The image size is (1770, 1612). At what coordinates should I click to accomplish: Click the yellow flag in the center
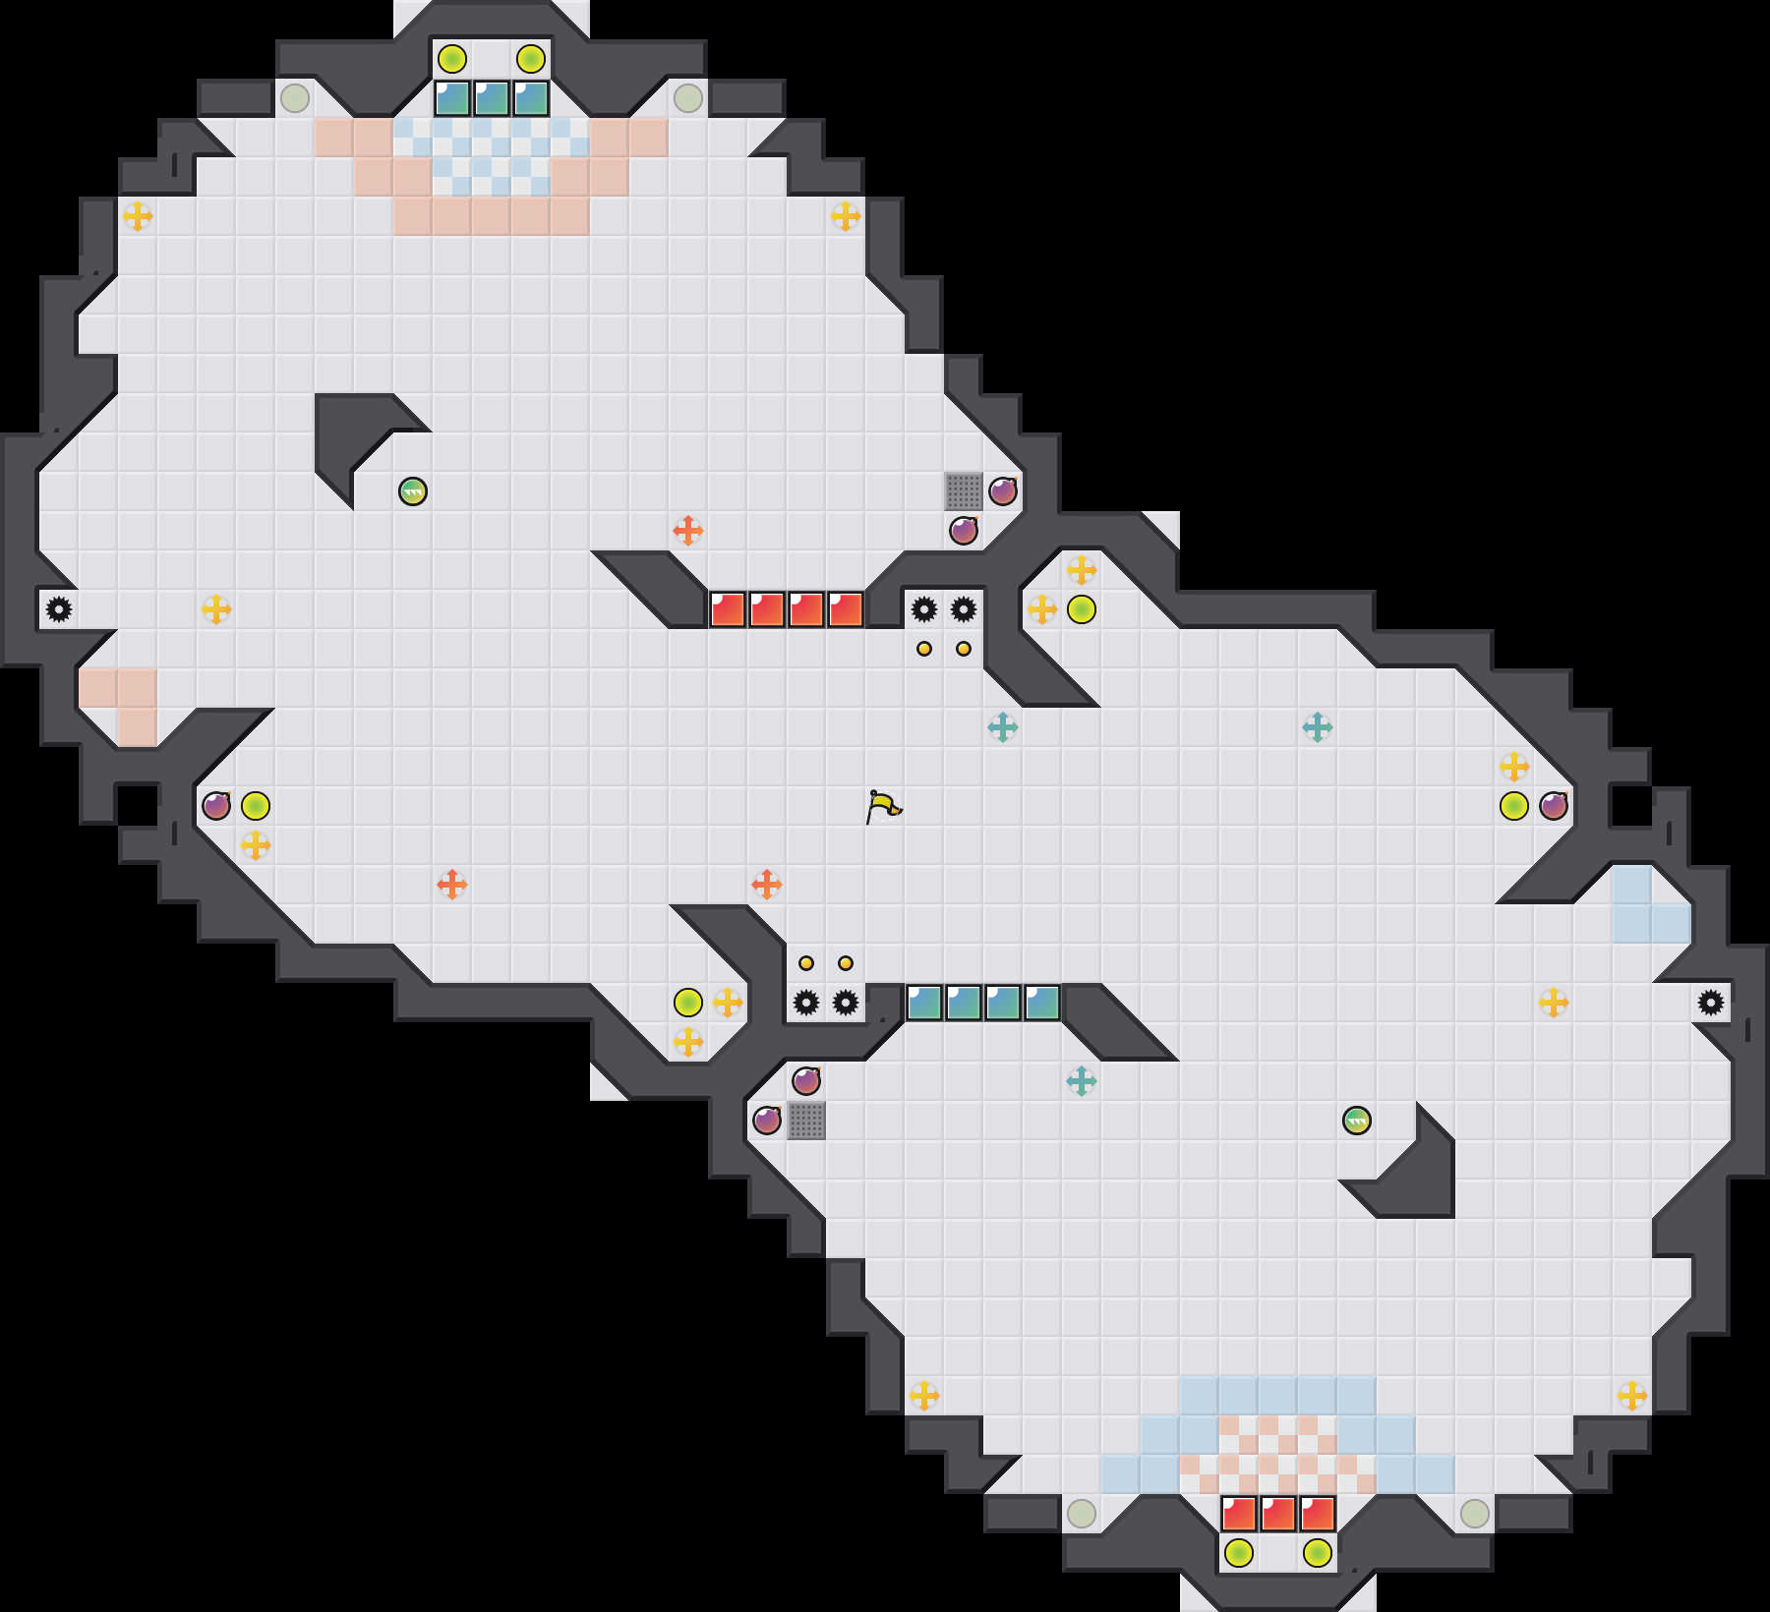coord(883,806)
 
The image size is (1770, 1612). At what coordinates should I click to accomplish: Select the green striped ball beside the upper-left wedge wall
coord(413,490)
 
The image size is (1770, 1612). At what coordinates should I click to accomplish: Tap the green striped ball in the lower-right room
coord(1356,1120)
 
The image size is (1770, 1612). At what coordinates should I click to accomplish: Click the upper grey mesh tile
coord(964,490)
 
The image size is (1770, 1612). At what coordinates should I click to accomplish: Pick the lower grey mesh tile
coord(806,1120)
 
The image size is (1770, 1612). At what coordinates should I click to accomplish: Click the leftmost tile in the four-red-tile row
coord(728,609)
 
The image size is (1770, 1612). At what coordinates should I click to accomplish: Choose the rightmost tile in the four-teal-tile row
coord(1042,1003)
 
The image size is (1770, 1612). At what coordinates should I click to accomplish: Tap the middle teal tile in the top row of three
coord(492,98)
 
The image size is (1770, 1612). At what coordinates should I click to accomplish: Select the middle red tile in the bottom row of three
coord(1278,1514)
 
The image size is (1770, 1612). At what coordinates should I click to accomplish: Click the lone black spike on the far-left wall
coord(59,609)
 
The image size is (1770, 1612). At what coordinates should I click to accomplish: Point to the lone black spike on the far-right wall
coord(1711,1003)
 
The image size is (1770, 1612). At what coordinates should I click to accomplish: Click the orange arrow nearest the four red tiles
coord(688,531)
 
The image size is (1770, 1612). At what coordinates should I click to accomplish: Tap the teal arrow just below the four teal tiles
coord(1082,1081)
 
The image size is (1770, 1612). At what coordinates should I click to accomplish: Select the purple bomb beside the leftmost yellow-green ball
coord(216,806)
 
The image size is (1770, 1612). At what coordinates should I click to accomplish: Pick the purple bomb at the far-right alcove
coord(1554,806)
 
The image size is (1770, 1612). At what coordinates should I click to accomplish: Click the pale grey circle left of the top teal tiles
coord(295,98)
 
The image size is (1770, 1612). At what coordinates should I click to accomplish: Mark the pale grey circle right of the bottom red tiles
coord(1475,1514)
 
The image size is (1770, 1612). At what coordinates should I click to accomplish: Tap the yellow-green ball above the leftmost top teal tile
coord(452,59)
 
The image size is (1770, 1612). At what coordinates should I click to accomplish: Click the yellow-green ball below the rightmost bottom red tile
coord(1318,1553)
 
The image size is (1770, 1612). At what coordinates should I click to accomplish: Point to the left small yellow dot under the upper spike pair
coord(924,649)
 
